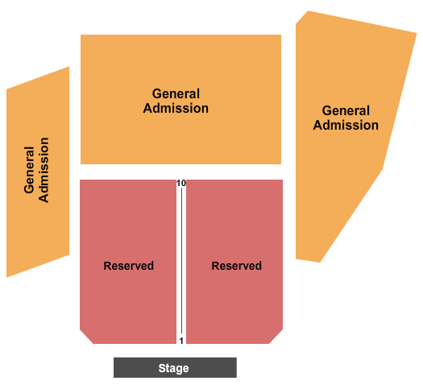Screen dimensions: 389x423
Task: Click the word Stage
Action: [173, 368]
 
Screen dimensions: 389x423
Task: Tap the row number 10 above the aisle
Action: [181, 184]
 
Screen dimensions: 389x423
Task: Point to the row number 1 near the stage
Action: [181, 341]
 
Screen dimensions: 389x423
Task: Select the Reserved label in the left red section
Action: [128, 266]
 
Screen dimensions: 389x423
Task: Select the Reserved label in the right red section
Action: [236, 266]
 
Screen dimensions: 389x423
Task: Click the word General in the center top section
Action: [176, 94]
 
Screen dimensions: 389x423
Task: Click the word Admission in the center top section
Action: [176, 108]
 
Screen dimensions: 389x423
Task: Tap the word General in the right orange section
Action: [346, 111]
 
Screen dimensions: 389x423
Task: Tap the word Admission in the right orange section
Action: [346, 125]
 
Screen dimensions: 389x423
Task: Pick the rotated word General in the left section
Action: [31, 170]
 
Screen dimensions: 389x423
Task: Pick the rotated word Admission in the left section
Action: [44, 170]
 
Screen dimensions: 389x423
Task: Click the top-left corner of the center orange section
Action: [82, 36]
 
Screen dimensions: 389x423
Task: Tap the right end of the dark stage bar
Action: [234, 368]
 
